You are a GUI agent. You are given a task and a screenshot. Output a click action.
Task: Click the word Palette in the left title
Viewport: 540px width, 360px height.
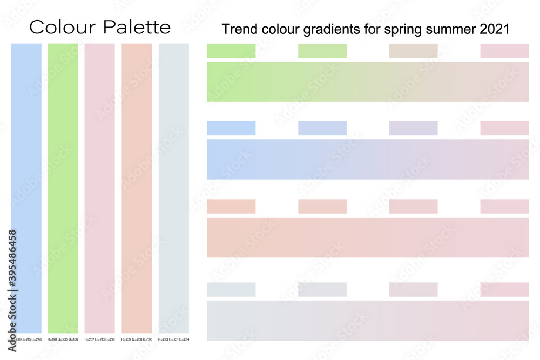tap(138, 27)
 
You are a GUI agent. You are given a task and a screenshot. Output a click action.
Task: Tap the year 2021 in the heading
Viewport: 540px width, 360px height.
tap(495, 30)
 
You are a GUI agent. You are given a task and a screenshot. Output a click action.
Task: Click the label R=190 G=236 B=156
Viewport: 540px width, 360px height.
tap(63, 339)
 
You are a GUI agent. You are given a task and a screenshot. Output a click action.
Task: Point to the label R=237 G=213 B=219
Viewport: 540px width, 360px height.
tap(100, 339)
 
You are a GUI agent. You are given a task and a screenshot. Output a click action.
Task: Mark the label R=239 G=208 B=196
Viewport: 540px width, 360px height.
tap(137, 339)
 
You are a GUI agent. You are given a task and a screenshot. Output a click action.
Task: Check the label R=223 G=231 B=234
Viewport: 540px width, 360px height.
tap(174, 339)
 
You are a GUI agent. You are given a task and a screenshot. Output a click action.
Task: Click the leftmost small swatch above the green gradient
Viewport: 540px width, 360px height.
tap(231, 51)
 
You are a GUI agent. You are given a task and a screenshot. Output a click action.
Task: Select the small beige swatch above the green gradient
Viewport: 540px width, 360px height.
tap(413, 51)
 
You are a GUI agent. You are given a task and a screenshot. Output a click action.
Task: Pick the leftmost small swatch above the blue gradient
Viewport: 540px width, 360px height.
tap(231, 128)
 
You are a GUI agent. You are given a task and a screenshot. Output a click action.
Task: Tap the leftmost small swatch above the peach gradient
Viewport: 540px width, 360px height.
tap(231, 207)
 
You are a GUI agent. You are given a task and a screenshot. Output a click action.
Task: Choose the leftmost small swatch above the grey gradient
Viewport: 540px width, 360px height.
tap(231, 289)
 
